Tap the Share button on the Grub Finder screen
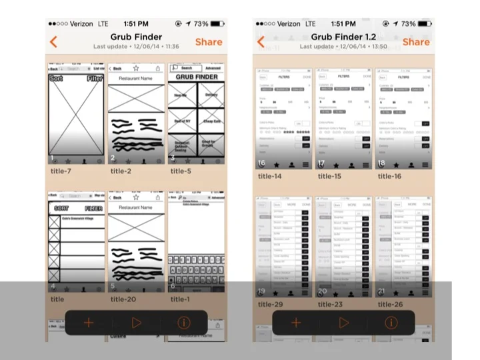209,41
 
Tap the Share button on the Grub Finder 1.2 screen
416,41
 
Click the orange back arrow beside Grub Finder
53,41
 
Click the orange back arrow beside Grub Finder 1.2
261,41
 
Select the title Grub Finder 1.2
343,37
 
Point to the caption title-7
62,171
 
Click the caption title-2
121,171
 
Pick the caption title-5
181,171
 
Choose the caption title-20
123,299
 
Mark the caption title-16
389,176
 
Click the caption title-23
330,305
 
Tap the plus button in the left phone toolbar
89,323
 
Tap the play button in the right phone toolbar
344,323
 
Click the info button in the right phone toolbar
391,323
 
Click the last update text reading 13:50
343,47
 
